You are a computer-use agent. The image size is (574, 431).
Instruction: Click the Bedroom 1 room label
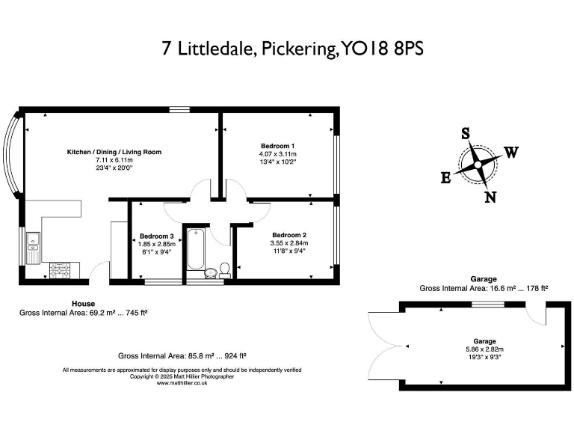(277, 145)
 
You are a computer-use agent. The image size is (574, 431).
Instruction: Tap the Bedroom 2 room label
(288, 234)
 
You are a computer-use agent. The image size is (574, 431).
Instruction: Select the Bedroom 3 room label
(156, 236)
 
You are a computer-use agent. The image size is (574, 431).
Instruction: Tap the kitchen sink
(33, 245)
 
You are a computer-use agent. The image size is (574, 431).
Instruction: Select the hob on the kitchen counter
(61, 271)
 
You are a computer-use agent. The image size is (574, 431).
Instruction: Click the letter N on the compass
(490, 198)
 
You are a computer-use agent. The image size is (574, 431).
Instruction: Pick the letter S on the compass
(465, 134)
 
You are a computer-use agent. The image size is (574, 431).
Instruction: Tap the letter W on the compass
(511, 153)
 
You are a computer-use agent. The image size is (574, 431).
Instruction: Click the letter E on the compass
(445, 178)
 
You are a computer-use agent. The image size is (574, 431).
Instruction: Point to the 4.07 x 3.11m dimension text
(277, 153)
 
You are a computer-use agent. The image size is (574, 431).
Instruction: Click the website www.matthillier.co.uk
(182, 383)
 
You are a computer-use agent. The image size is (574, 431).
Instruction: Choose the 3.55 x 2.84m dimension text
(288, 243)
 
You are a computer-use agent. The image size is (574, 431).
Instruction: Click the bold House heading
(83, 303)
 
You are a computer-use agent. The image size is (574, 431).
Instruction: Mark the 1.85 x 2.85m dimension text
(156, 244)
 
